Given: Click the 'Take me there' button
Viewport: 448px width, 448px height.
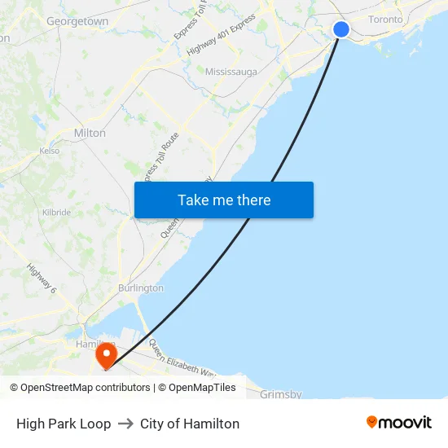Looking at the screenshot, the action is (224, 200).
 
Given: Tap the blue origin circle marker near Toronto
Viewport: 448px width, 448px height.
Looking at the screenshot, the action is (341, 29).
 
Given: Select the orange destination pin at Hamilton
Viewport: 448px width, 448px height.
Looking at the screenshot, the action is (106, 356).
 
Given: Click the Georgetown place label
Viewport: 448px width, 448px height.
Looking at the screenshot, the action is (77, 21).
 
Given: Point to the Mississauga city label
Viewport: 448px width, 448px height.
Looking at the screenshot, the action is (231, 72).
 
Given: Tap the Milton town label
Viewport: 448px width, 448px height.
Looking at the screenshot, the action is (90, 133).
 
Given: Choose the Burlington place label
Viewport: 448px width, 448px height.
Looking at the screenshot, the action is (140, 288).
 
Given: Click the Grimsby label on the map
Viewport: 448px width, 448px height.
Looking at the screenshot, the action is (280, 394).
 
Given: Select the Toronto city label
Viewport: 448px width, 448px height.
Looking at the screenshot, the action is (385, 19).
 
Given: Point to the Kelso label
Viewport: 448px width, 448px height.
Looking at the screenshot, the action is (50, 151).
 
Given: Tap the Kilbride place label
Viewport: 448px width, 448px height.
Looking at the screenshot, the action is (56, 212).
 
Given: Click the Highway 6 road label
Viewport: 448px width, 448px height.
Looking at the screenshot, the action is (42, 279).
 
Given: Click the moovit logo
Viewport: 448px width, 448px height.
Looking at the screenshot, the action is (398, 423).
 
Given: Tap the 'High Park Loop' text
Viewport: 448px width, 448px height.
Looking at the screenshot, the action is (64, 424).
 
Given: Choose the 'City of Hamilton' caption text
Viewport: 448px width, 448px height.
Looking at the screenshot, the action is (190, 424).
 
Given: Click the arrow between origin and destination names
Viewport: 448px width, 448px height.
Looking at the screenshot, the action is (125, 424).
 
